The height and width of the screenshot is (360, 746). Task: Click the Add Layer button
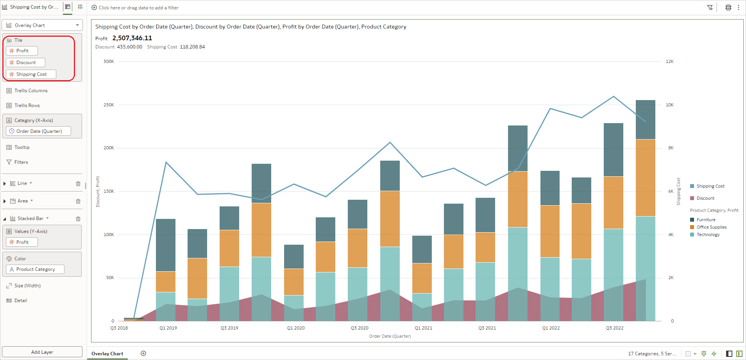(x=42, y=352)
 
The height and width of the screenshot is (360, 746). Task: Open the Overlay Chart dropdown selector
(x=42, y=25)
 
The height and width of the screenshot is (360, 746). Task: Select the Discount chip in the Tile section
(x=25, y=63)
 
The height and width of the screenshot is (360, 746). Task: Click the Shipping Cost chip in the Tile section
(x=31, y=74)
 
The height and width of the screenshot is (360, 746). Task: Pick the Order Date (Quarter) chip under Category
(x=38, y=131)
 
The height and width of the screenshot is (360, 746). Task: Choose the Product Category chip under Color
(x=35, y=269)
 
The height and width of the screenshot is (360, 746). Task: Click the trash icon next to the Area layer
(x=78, y=201)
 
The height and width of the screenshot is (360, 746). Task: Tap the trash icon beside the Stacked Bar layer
(x=78, y=219)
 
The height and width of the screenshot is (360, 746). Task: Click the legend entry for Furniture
(x=706, y=220)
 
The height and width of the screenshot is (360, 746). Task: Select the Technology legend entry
(x=708, y=235)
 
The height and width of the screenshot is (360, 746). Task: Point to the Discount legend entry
(x=705, y=198)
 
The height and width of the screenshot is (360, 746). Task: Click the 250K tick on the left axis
(x=109, y=105)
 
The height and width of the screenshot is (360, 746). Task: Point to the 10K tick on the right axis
(x=669, y=105)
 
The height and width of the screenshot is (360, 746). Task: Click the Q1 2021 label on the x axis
(x=423, y=328)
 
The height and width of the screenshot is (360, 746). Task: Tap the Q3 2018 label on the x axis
(x=119, y=328)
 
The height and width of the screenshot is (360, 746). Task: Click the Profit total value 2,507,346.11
(x=132, y=38)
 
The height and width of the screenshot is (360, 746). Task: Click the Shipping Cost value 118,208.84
(x=192, y=47)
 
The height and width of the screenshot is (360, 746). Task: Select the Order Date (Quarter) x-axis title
(x=390, y=336)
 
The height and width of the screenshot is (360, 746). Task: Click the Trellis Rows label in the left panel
(x=27, y=106)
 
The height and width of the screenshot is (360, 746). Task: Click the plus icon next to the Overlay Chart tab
(x=143, y=353)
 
